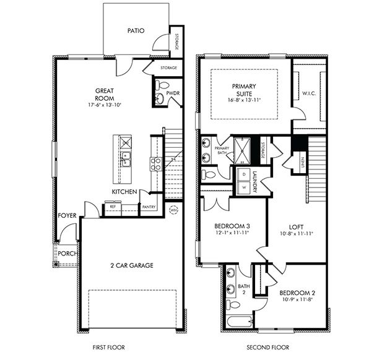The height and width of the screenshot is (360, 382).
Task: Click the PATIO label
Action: click(136, 30)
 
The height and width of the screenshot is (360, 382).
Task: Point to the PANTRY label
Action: click(149, 207)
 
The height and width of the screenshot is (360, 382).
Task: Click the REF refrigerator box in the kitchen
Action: click(113, 207)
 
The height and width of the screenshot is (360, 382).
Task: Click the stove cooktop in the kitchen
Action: click(156, 164)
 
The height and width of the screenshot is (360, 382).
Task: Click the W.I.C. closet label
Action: click(310, 93)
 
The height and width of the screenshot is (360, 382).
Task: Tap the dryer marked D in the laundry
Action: click(243, 174)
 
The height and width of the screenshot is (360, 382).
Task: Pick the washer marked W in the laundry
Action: click(243, 186)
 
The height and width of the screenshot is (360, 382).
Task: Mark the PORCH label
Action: click(67, 253)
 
